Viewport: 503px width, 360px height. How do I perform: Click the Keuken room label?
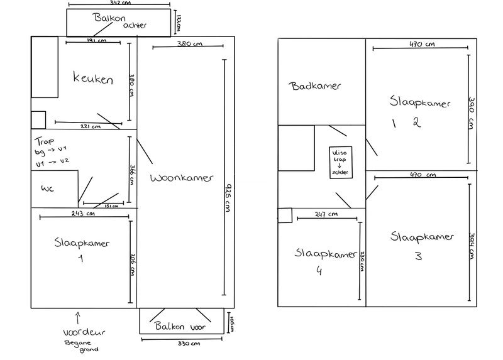pos(93,80)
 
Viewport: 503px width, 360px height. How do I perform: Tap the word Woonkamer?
pos(181,178)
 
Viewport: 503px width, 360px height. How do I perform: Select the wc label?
pos(48,189)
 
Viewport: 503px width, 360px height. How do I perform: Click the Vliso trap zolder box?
pos(339,162)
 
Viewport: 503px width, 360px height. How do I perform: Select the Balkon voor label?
pos(180,325)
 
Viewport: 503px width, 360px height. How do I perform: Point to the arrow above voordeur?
pos(78,316)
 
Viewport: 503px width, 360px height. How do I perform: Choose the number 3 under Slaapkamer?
pos(417,256)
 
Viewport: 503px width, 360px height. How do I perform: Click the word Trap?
pos(41,142)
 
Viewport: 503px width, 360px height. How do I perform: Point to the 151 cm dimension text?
pos(110,207)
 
